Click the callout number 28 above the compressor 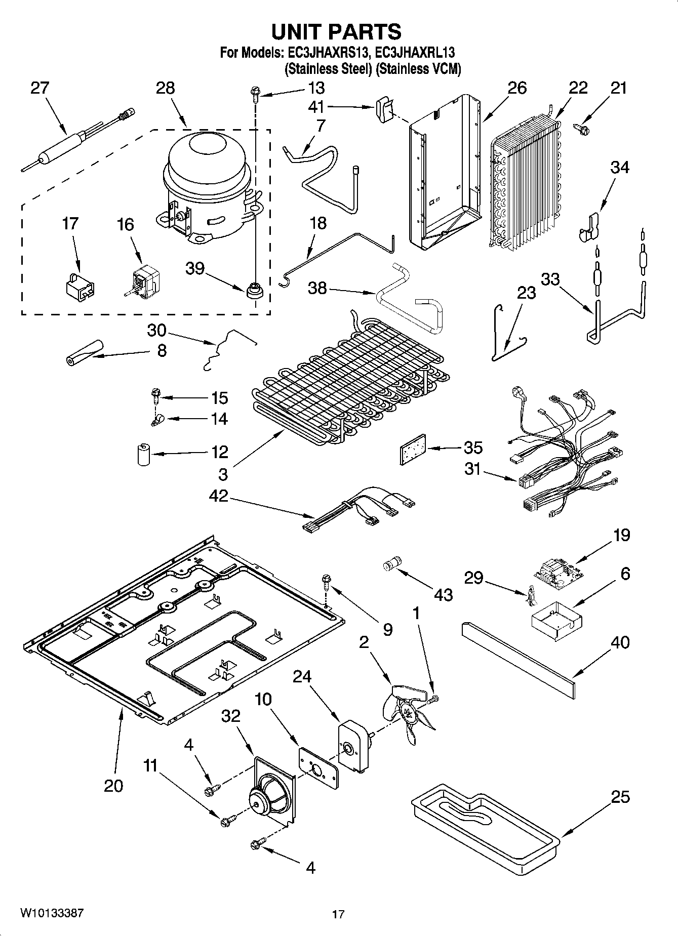165,88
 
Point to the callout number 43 443,594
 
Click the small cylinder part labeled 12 144,454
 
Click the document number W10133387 52,913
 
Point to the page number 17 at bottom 338,914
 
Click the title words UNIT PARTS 336,31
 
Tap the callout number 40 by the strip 620,642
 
